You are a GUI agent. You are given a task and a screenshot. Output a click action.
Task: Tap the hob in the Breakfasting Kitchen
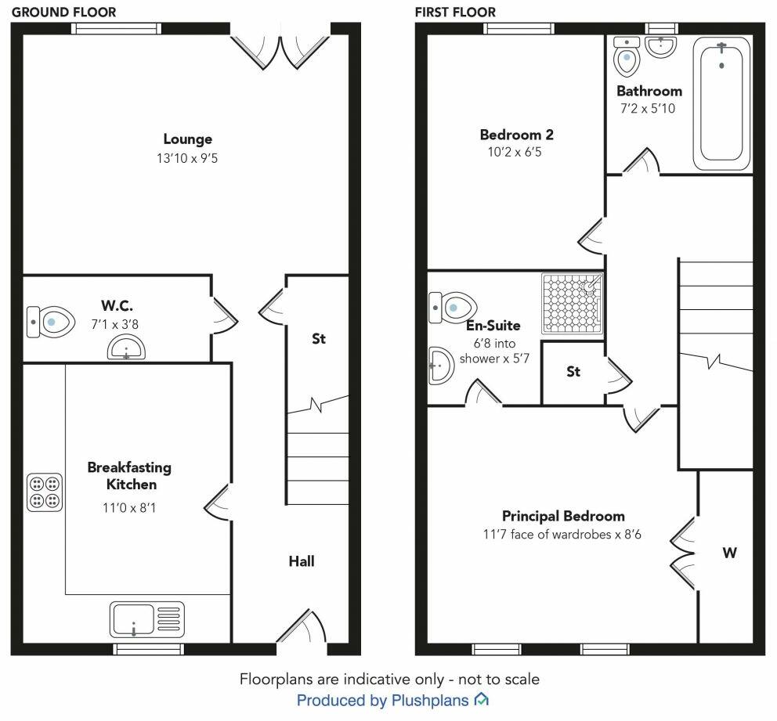tap(45, 492)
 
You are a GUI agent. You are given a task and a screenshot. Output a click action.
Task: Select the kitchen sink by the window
tap(147, 620)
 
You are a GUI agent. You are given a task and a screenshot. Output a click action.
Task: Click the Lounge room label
tap(188, 139)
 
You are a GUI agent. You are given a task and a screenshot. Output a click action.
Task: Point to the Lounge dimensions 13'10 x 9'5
tap(188, 158)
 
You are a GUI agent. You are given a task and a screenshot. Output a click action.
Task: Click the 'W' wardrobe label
tap(729, 553)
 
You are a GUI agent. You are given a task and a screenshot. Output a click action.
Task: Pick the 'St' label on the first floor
tap(573, 372)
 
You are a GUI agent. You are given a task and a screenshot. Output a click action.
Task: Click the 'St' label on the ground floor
tap(319, 339)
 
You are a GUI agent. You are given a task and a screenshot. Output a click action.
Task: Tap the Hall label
tap(302, 561)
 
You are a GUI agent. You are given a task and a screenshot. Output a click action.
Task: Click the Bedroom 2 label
tap(511, 135)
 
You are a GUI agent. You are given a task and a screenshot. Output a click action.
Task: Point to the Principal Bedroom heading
tap(563, 516)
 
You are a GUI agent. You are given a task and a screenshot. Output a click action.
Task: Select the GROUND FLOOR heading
tap(63, 12)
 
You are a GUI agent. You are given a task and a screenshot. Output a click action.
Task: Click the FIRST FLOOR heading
tap(455, 12)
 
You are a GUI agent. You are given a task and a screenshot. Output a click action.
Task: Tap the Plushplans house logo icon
tap(482, 699)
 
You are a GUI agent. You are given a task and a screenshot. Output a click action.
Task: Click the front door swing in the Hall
tap(304, 628)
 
